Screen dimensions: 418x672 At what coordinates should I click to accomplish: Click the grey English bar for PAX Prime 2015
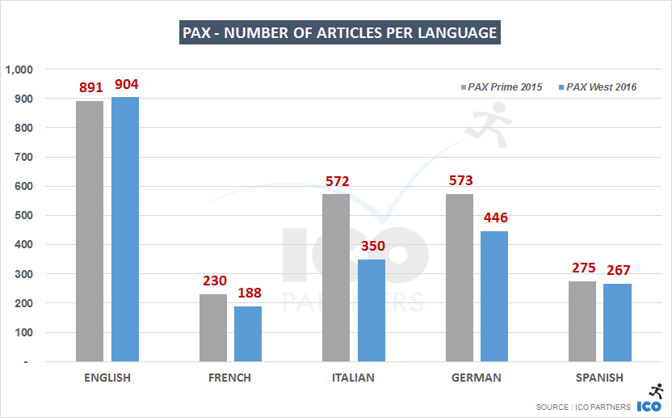pos(90,230)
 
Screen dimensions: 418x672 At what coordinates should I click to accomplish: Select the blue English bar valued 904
pos(125,229)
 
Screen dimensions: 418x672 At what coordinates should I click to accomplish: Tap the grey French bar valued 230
pos(213,327)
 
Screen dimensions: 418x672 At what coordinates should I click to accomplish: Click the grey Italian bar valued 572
pos(336,277)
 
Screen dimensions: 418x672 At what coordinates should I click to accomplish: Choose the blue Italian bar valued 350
pos(372,310)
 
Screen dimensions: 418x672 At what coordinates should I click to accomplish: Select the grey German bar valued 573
pos(459,277)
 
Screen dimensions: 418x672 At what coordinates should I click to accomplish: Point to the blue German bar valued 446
pos(494,296)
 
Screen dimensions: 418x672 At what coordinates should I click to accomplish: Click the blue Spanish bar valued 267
pos(617,322)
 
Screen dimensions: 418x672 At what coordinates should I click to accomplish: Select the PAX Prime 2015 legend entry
pos(501,87)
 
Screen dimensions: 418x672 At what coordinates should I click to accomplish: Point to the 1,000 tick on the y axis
pos(19,70)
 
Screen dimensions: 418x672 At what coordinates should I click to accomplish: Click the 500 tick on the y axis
pos(23,216)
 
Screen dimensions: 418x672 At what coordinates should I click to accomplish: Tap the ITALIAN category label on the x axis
pos(353,378)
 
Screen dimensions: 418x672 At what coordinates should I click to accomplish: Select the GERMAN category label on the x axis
pos(477,378)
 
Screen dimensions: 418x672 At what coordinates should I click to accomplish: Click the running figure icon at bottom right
pos(656,391)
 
